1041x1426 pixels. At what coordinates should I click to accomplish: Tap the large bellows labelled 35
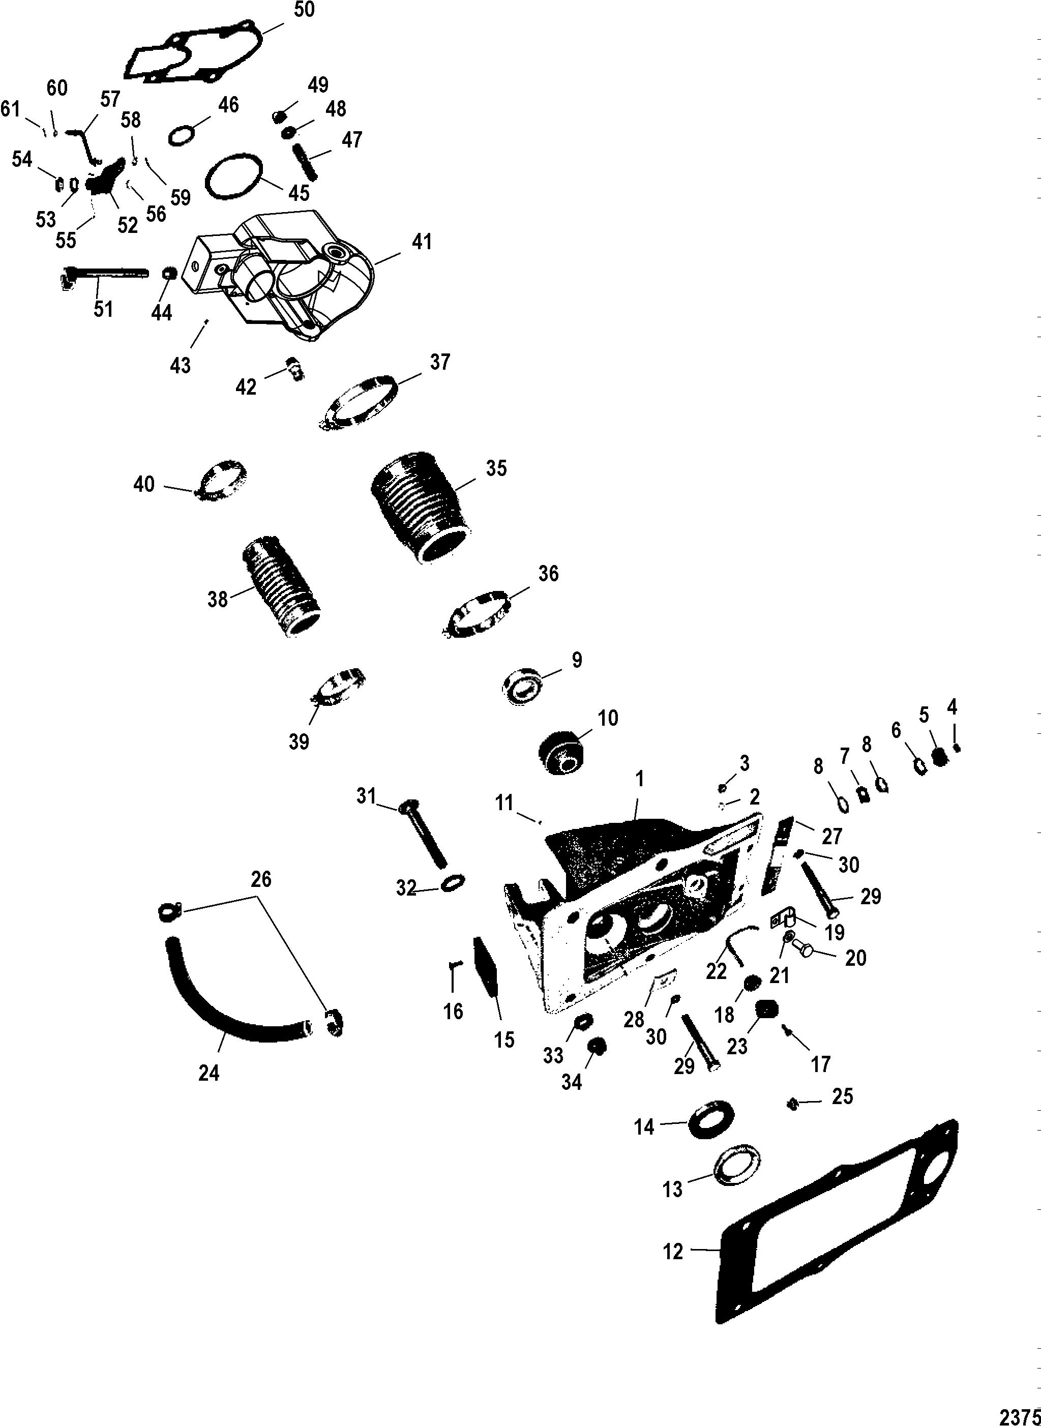pyautogui.click(x=418, y=504)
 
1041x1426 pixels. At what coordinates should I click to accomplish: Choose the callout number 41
pyautogui.click(x=422, y=242)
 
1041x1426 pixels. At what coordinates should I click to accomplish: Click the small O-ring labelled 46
pyautogui.click(x=182, y=135)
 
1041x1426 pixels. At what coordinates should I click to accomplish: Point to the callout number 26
pyautogui.click(x=261, y=879)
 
